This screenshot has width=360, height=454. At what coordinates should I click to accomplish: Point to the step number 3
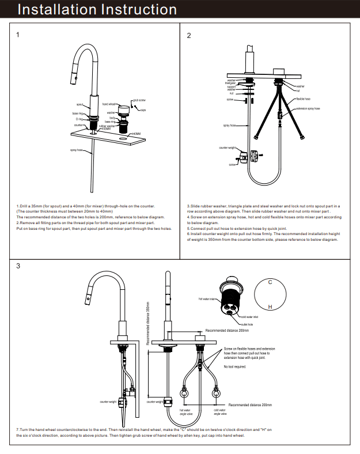coord(18,266)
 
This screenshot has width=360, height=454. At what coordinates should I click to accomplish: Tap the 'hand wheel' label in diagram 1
coord(109,104)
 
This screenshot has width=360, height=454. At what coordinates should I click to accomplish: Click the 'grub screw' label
coord(139,100)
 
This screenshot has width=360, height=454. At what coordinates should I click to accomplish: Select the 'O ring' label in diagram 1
coord(80,119)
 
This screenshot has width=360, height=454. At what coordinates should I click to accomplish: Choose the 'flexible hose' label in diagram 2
coord(304,99)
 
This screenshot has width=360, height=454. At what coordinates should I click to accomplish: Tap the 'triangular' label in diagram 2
coord(230,83)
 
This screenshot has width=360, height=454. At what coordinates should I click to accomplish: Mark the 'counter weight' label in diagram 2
coord(228,148)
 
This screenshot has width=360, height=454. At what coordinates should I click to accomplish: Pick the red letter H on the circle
coord(270,307)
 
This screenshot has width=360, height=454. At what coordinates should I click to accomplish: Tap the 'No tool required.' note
coord(235,366)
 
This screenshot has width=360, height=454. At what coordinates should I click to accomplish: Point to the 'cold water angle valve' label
coord(219,412)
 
